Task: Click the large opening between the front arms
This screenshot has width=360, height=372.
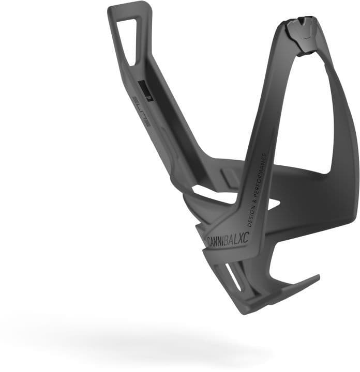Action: tap(305, 114)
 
